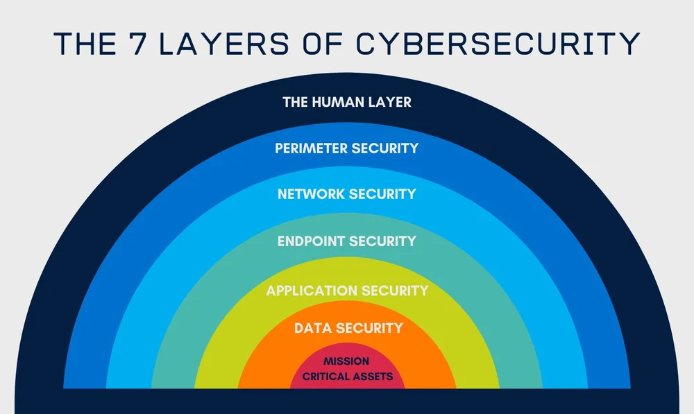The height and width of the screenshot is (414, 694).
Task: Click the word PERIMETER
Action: (x=310, y=148)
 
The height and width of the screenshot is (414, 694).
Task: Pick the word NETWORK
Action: (x=310, y=194)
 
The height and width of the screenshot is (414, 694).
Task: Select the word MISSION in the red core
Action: (x=346, y=361)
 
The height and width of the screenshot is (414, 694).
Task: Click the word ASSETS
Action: (x=373, y=377)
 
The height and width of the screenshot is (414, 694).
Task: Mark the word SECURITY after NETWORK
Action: (x=382, y=194)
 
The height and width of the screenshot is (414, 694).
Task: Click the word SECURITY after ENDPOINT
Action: (x=382, y=241)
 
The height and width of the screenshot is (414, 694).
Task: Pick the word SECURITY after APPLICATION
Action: (x=392, y=291)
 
